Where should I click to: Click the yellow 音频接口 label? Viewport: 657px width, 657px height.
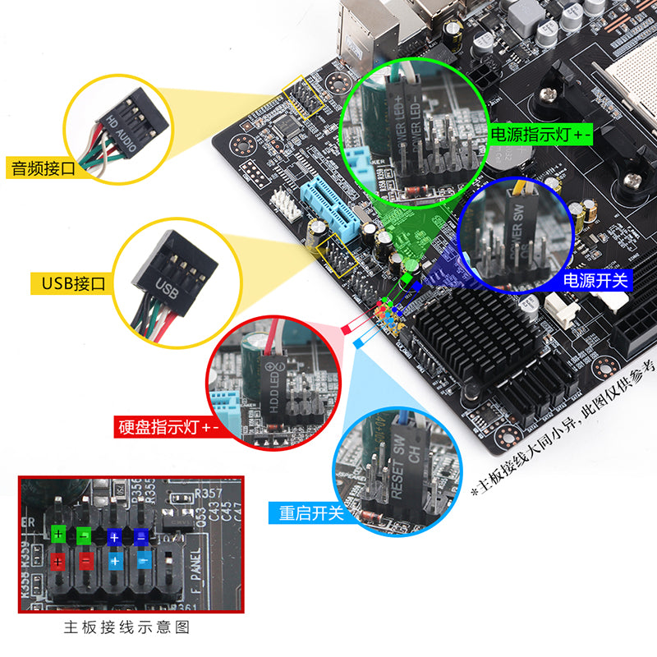tap(43, 168)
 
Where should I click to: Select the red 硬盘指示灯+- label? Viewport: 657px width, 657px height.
tap(167, 428)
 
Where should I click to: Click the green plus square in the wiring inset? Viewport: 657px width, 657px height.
tap(58, 535)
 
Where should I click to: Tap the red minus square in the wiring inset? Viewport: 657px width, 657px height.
tap(86, 563)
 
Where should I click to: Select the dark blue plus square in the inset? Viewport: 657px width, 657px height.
tap(115, 535)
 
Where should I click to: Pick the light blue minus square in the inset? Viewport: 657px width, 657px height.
tap(143, 563)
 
